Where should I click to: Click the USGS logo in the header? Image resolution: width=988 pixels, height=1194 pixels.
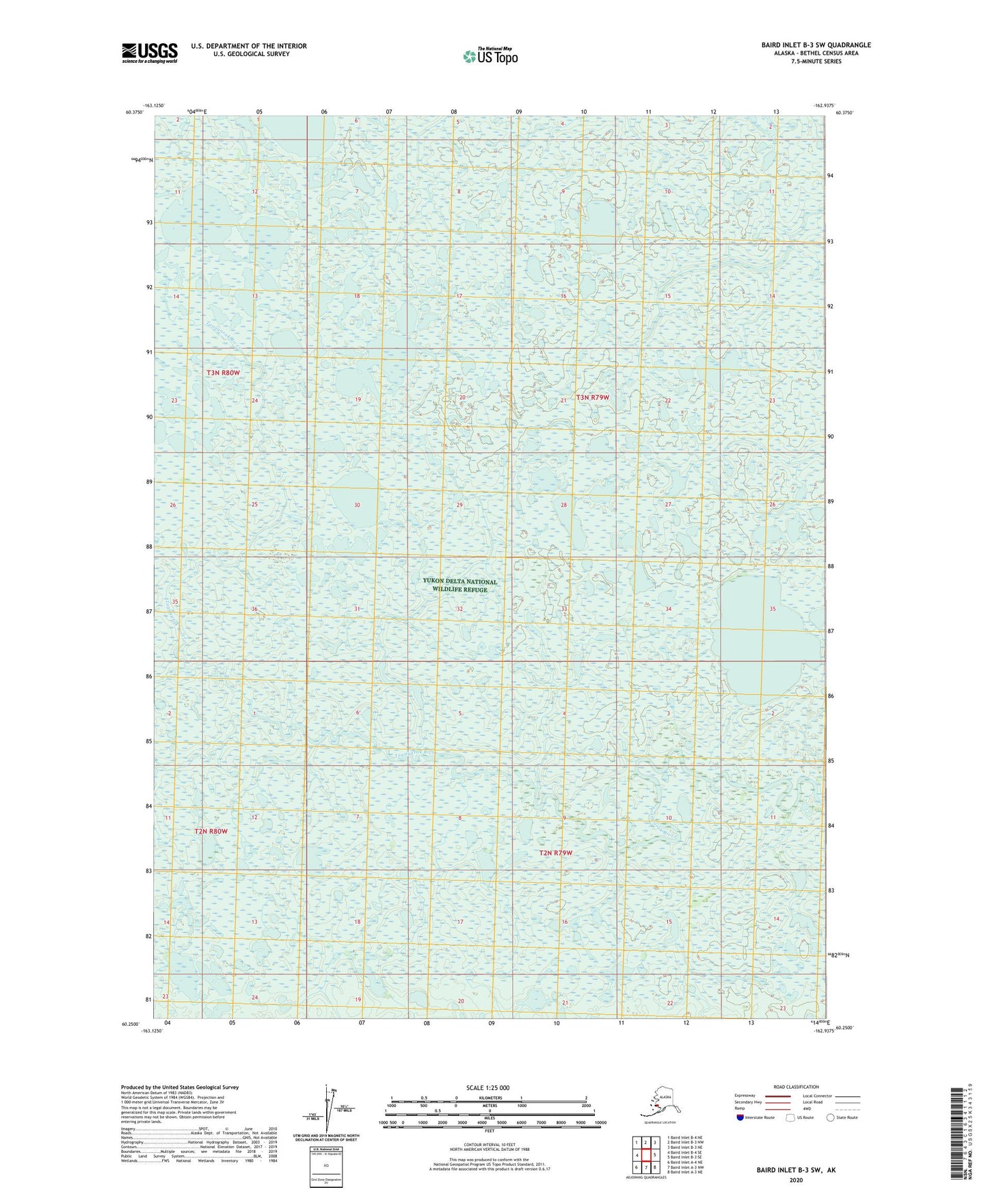pyautogui.click(x=149, y=53)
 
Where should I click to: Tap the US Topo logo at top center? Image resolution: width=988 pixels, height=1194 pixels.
pyautogui.click(x=490, y=55)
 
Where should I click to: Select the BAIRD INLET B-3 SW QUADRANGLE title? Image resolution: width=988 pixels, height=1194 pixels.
pyautogui.click(x=816, y=45)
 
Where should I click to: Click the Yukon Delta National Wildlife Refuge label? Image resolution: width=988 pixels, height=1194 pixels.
pyautogui.click(x=460, y=585)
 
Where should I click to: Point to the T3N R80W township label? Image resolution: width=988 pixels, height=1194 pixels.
pyautogui.click(x=224, y=373)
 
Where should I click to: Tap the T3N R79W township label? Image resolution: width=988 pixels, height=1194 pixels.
pyautogui.click(x=592, y=397)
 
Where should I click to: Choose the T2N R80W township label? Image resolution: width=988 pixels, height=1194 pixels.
pyautogui.click(x=211, y=831)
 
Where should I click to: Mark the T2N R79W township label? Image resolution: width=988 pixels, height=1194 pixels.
pyautogui.click(x=555, y=853)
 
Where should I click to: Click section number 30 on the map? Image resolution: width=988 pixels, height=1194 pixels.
pyautogui.click(x=357, y=505)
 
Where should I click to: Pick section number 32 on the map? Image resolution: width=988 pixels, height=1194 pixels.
pyautogui.click(x=459, y=609)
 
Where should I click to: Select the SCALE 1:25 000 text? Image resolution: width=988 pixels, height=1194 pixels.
pyautogui.click(x=488, y=1087)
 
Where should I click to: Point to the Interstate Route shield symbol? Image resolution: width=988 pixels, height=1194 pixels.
pyautogui.click(x=740, y=1117)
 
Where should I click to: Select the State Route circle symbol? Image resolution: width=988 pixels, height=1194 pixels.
pyautogui.click(x=831, y=1117)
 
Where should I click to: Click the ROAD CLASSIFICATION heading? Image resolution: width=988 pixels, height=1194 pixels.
pyautogui.click(x=796, y=1087)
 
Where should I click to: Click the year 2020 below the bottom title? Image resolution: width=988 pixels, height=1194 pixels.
pyautogui.click(x=795, y=1180)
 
